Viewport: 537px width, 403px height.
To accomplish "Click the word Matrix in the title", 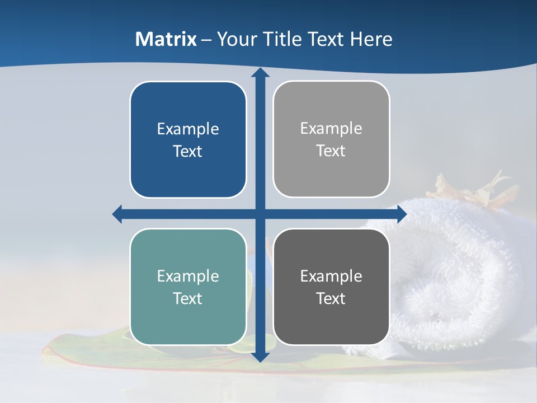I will (x=166, y=39).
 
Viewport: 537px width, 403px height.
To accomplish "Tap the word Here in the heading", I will (x=371, y=39).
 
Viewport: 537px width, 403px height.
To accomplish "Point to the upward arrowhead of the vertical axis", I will (x=260, y=73).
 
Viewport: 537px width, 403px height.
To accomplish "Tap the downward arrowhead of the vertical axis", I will (x=260, y=357).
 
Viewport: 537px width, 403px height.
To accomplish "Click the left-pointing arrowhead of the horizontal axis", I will (x=117, y=214).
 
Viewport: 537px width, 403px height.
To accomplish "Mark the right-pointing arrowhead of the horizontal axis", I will (x=402, y=214).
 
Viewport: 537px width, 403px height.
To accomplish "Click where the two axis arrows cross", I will (x=260, y=214).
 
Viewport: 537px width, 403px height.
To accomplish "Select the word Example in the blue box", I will (x=188, y=129).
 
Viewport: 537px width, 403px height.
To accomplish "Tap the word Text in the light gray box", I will (x=331, y=151).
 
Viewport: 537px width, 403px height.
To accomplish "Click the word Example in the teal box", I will (x=188, y=277).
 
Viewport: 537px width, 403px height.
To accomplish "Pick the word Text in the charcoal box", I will (x=331, y=299).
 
